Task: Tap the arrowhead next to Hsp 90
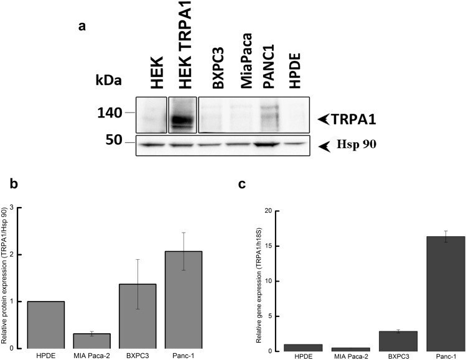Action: (325, 146)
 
